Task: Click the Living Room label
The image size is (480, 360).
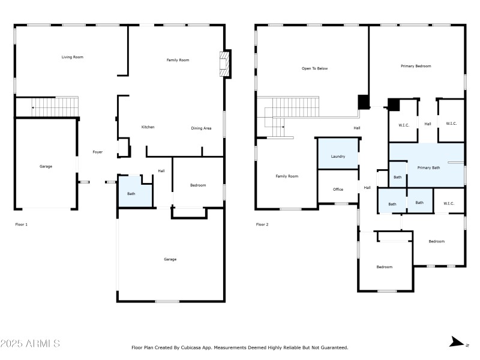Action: (x=72, y=57)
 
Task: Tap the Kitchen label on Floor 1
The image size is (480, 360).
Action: (x=148, y=127)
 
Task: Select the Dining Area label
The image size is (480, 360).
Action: (x=201, y=128)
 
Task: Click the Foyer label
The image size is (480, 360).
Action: (x=97, y=152)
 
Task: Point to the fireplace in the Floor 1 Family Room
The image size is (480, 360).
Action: (x=224, y=64)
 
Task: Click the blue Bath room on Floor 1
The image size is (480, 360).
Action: (x=131, y=193)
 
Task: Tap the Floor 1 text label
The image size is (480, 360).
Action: (x=21, y=224)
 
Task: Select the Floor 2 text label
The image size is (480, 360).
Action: (x=262, y=224)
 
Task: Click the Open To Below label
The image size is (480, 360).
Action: (x=314, y=68)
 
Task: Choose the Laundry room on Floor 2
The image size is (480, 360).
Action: (x=338, y=156)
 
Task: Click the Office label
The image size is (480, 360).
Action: (x=338, y=190)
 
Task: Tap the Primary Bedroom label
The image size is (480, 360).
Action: (x=416, y=66)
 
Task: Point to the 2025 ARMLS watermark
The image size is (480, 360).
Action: (x=30, y=344)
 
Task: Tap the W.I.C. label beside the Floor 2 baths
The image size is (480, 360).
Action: (x=449, y=203)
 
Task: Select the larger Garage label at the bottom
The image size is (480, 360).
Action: (x=170, y=259)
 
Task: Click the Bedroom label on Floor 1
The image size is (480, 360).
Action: (x=198, y=185)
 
